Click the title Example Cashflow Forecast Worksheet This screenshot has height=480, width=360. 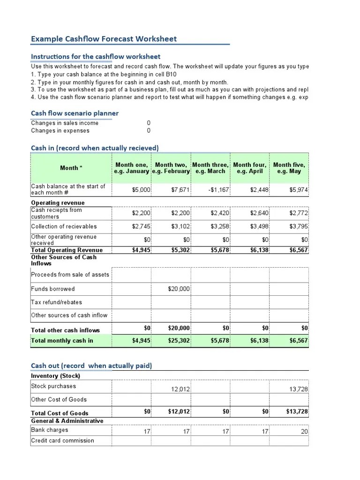click(x=104, y=39)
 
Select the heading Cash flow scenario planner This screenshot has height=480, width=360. click(x=75, y=113)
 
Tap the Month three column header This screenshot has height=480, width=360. click(x=210, y=168)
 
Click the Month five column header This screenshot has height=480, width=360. click(x=289, y=168)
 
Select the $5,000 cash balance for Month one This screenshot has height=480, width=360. click(x=141, y=190)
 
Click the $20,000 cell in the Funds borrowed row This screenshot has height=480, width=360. click(x=179, y=289)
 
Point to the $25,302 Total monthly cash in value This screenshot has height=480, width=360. click(x=179, y=341)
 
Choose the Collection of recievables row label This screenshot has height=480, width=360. click(x=64, y=226)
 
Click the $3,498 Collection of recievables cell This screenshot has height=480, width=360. click(x=259, y=226)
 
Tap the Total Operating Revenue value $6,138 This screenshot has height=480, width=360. click(x=259, y=250)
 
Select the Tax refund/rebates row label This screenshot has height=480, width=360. click(x=56, y=302)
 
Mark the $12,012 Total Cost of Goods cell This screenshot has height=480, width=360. click(x=179, y=412)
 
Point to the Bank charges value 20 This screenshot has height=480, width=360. click(x=304, y=432)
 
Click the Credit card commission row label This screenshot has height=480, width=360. click(x=62, y=441)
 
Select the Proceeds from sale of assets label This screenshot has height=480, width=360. click(x=70, y=275)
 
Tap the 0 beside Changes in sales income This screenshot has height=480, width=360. click(x=149, y=123)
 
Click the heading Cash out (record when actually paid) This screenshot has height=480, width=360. click(x=91, y=366)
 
